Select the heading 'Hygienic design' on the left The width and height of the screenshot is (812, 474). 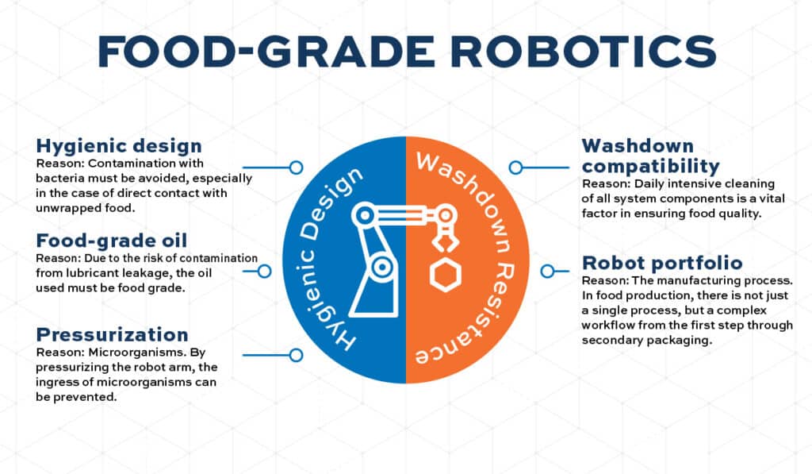[x=119, y=146]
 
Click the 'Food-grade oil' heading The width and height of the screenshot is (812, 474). [x=112, y=241]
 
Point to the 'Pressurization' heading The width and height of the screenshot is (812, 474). [x=112, y=334]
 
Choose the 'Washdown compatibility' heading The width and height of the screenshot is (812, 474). [x=650, y=156]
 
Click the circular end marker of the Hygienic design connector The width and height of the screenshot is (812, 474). [x=296, y=168]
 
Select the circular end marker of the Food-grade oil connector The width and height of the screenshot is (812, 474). [x=265, y=271]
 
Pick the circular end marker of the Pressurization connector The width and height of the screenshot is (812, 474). [x=296, y=355]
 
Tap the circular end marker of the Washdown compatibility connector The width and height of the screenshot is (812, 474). [x=515, y=168]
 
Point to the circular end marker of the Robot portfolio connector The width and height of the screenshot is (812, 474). [x=546, y=271]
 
